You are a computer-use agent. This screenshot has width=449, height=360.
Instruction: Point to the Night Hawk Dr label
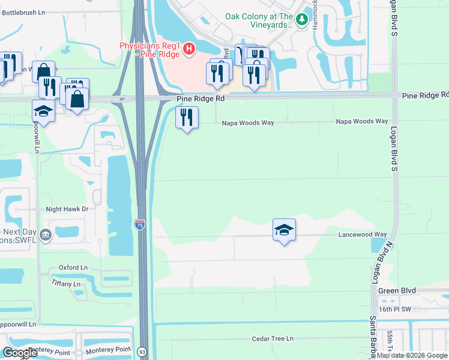pyautogui.click(x=67, y=209)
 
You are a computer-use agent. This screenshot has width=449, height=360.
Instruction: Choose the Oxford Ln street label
pyautogui.click(x=73, y=268)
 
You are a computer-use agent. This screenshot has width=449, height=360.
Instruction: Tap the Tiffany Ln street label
pyautogui.click(x=66, y=283)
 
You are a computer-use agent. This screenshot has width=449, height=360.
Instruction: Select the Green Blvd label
pyautogui.click(x=397, y=290)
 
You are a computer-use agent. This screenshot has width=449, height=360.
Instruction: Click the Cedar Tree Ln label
pyautogui.click(x=273, y=338)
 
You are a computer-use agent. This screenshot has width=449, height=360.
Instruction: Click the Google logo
pyautogui.click(x=20, y=353)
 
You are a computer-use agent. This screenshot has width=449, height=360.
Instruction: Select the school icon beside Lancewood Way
pyautogui.click(x=284, y=230)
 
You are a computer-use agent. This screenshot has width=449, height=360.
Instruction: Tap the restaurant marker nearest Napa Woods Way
pyautogui.click(x=187, y=118)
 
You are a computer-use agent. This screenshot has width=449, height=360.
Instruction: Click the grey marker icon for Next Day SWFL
pyautogui.click(x=47, y=236)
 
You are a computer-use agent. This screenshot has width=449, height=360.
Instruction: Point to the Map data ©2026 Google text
pyautogui.click(x=412, y=355)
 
